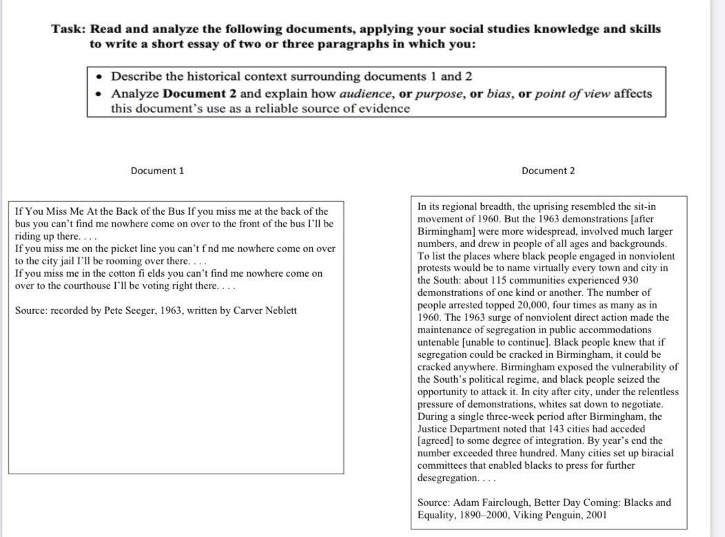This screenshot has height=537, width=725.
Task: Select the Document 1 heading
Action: pos(157,171)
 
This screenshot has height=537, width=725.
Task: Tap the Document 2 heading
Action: pos(548,171)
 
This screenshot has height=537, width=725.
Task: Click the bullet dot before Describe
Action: pos(101,76)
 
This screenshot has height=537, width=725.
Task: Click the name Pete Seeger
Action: pos(129,310)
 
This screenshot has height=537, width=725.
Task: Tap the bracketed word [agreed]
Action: pos(436,441)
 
